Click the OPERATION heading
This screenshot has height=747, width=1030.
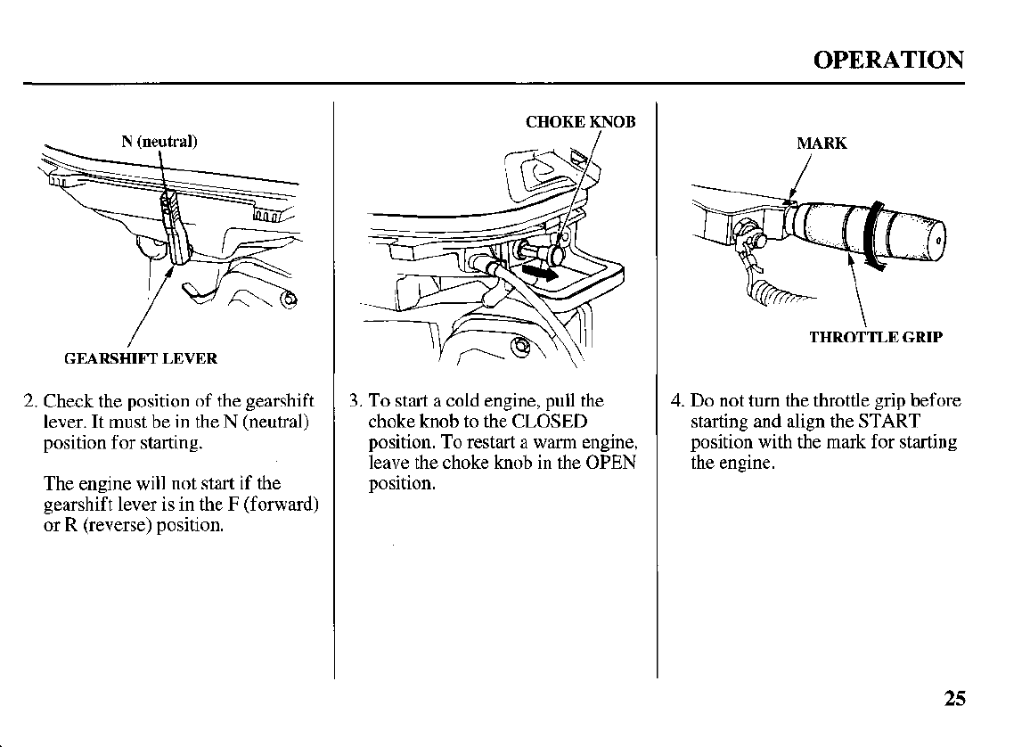(887, 60)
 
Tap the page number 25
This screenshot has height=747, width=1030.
(953, 698)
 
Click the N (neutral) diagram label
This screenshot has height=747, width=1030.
(159, 141)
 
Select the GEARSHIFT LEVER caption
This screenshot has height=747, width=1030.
(140, 359)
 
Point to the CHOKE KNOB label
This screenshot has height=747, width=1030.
(580, 122)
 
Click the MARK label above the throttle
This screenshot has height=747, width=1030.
(821, 144)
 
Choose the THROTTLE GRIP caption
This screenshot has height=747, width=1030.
(875, 337)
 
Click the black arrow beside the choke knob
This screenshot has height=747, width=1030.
(540, 271)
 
